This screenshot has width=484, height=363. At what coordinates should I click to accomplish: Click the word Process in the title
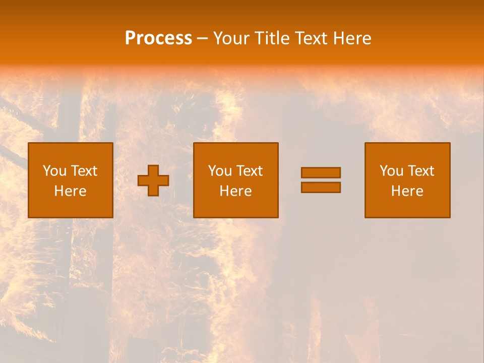tap(158, 38)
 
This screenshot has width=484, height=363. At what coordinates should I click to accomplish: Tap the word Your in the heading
tap(231, 38)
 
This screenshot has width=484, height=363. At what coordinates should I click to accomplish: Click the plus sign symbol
tap(153, 180)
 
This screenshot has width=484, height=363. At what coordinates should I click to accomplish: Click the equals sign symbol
tap(321, 180)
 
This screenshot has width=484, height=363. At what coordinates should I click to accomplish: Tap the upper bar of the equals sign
tap(321, 173)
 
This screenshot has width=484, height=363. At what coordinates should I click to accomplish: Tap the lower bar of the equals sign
tap(321, 187)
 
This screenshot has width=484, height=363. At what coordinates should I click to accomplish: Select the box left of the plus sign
tap(71, 180)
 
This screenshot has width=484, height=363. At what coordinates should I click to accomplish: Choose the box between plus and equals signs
tap(236, 180)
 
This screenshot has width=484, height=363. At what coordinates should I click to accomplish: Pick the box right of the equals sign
tap(407, 180)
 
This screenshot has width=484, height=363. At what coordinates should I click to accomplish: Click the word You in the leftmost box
tap(54, 171)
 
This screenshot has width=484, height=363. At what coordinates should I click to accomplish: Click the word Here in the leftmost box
tap(71, 191)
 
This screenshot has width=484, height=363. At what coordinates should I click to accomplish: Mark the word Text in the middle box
tap(250, 171)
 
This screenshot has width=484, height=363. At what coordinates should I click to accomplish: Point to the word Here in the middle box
tap(236, 191)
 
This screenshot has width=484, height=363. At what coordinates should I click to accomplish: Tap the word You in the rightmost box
tap(391, 171)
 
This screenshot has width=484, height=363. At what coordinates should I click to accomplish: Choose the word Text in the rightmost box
tap(421, 171)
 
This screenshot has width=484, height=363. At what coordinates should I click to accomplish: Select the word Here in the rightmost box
tap(407, 191)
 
